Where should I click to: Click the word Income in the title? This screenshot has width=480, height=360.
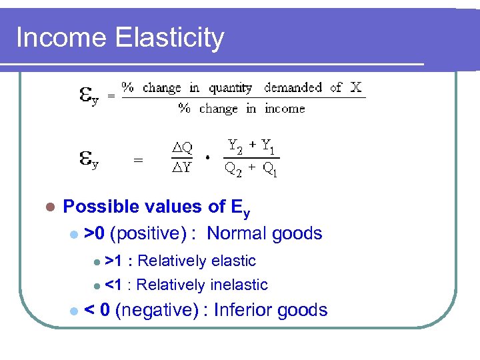click(x=62, y=38)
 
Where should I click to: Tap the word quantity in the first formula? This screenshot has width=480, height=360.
click(x=230, y=88)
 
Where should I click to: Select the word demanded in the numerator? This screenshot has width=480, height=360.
click(x=293, y=88)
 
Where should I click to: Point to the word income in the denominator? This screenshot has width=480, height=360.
click(x=284, y=109)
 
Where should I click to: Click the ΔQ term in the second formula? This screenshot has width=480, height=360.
click(x=182, y=148)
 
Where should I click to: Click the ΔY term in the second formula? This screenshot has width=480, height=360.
click(x=182, y=167)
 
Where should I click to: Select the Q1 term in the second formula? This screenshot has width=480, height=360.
click(x=270, y=170)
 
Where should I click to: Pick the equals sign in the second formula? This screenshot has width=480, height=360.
click(x=138, y=160)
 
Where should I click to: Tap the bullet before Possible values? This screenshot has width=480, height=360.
click(x=48, y=207)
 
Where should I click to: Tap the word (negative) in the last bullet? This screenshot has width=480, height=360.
click(x=157, y=310)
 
